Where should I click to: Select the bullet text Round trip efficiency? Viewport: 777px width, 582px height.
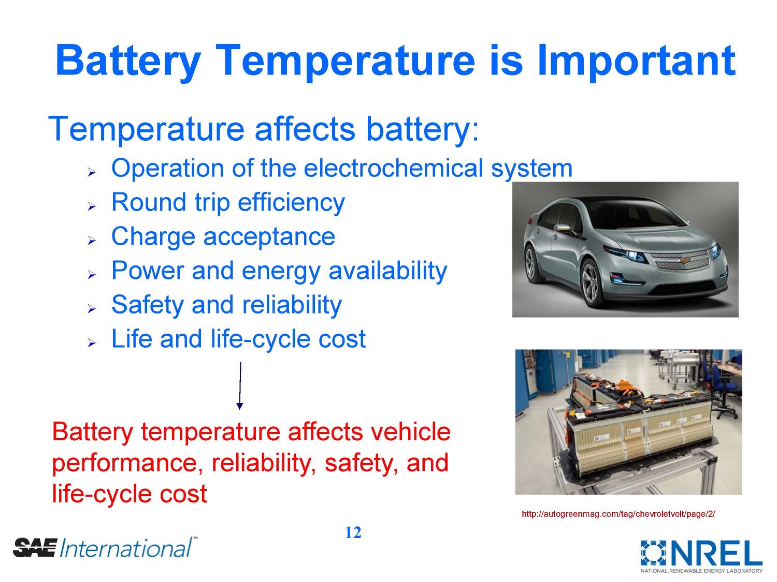click(x=228, y=202)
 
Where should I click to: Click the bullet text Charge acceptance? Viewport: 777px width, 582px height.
click(x=223, y=236)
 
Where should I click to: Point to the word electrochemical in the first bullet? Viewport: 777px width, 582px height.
click(x=394, y=168)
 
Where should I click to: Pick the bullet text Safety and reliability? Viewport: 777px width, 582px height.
click(x=226, y=305)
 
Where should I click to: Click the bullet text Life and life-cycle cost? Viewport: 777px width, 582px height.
click(x=238, y=339)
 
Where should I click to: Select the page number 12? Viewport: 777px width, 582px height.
click(x=353, y=532)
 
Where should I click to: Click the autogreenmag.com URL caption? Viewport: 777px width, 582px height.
click(x=618, y=514)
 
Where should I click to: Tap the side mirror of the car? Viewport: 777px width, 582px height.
click(x=560, y=229)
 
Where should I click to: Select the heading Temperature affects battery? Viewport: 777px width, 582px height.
click(x=264, y=129)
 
